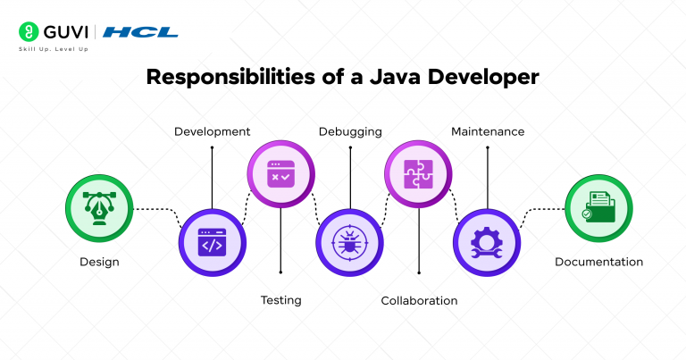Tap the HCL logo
tap(140, 32)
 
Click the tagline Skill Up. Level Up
tap(54, 49)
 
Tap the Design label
tap(99, 262)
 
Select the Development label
tap(212, 131)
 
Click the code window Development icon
tap(212, 242)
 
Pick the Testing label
tap(280, 300)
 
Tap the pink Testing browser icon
tap(280, 172)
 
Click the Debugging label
tap(350, 131)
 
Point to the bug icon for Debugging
tap(350, 242)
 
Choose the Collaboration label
tap(419, 300)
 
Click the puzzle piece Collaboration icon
tap(419, 172)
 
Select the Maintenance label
tap(488, 131)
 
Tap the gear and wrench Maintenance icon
tap(488, 242)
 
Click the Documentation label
tap(598, 262)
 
